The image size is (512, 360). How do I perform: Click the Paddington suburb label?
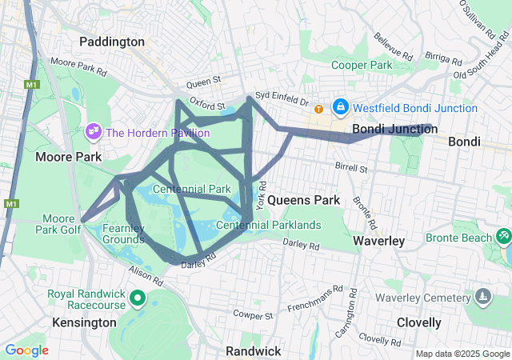pyautogui.click(x=112, y=41)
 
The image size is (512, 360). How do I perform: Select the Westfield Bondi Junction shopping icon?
pyautogui.click(x=340, y=106)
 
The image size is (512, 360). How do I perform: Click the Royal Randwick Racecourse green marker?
pyautogui.click(x=137, y=300)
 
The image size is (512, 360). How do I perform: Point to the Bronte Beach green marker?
pyautogui.click(x=503, y=237)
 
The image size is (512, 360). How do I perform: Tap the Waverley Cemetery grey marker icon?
pyautogui.click(x=482, y=298)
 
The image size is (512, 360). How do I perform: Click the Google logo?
pyautogui.click(x=26, y=350)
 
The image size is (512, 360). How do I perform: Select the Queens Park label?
pyautogui.click(x=303, y=199)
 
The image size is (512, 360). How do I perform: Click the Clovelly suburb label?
pyautogui.click(x=418, y=322)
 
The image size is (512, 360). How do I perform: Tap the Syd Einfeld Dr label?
pyautogui.click(x=283, y=102)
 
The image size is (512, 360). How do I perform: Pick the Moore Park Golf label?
pyautogui.click(x=58, y=223)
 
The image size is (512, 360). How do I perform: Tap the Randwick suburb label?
pyautogui.click(x=253, y=350)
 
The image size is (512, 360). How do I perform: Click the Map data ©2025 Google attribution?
pyautogui.click(x=462, y=354)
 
